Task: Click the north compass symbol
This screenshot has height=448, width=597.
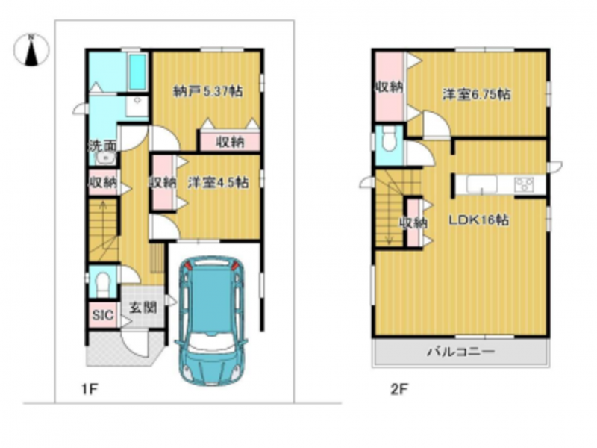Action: pos(31,50)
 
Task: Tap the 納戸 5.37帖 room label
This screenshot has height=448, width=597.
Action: pos(208,91)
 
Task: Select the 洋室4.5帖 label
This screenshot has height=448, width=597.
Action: pos(218,182)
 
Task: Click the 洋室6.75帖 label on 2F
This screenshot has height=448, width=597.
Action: pos(476,94)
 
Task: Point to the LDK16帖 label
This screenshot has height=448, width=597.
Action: pos(478,220)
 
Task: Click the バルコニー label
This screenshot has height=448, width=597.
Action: pos(460,351)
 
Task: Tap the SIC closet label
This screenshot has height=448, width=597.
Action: pos(103,315)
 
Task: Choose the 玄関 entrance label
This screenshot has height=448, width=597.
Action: pos(143,307)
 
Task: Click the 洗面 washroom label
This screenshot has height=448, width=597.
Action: pos(102,146)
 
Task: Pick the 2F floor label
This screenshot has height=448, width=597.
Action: pos(399,389)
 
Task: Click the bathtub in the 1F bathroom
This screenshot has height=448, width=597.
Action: pos(138,72)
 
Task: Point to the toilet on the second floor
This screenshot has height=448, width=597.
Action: pos(389,140)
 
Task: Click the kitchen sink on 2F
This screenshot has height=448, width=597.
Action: pos(482,184)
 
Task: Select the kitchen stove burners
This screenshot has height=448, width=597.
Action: pos(525,184)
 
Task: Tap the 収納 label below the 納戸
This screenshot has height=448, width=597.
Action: pos(231,142)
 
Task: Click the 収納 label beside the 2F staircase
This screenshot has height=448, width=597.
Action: pos(413,223)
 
